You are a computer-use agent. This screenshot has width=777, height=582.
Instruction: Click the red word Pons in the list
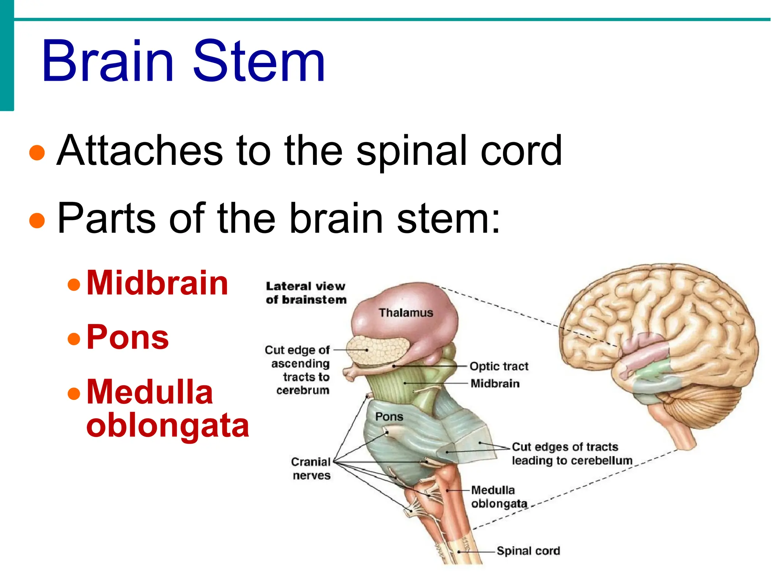(x=127, y=337)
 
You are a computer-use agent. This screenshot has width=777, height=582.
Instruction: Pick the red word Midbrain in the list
(x=157, y=283)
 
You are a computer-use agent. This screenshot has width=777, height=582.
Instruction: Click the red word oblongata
(x=167, y=425)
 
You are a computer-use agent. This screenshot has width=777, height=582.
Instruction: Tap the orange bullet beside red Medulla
(x=74, y=393)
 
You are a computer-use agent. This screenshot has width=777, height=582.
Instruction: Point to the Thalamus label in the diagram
(x=406, y=313)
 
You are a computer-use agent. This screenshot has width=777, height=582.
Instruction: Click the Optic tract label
(x=499, y=366)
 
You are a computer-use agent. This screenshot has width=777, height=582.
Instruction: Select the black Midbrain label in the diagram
(x=495, y=383)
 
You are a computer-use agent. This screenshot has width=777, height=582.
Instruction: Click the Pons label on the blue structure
(x=389, y=417)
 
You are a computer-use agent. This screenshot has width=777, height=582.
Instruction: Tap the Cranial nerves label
(x=311, y=468)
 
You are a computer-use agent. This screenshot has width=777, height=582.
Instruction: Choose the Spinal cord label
(x=528, y=551)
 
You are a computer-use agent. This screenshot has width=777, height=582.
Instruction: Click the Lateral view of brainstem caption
(x=306, y=293)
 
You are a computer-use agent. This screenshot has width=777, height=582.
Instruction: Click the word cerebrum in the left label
(x=303, y=390)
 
